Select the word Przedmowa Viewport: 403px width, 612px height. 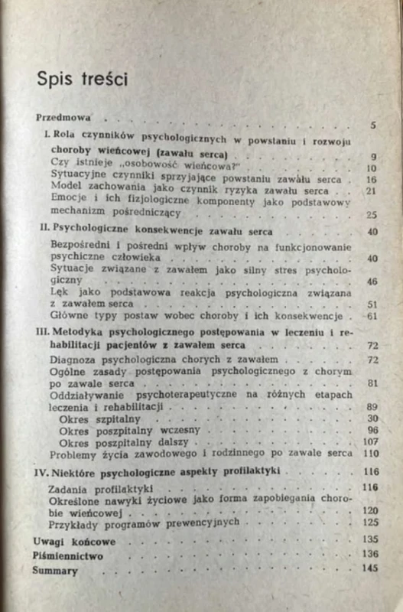(x=63, y=119)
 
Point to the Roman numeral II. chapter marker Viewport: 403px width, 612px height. (x=44, y=229)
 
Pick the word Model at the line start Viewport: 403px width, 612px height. (x=63, y=190)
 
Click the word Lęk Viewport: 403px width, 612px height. (x=57, y=291)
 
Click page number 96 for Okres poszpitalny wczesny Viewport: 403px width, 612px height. (x=372, y=431)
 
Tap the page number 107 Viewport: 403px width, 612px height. (x=370, y=442)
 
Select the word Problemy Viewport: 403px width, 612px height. (x=72, y=454)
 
